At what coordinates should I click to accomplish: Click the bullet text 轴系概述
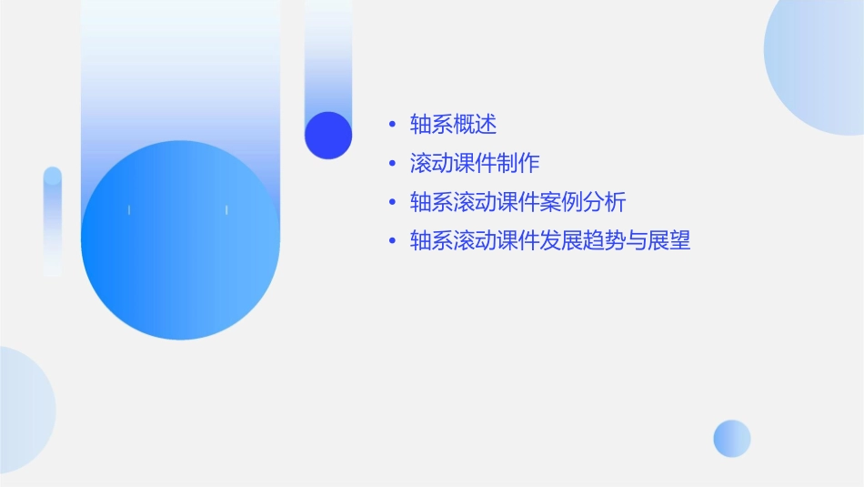[453, 125]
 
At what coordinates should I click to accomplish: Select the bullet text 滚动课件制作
[475, 163]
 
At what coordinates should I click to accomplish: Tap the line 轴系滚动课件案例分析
[518, 202]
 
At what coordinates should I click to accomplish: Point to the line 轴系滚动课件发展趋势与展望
[550, 241]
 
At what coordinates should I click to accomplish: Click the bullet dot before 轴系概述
[392, 125]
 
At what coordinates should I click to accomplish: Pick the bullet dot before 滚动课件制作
[392, 164]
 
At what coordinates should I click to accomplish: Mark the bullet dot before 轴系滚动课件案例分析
[392, 202]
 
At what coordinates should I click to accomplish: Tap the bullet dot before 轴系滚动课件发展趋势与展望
[392, 241]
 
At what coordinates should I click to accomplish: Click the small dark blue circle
[328, 135]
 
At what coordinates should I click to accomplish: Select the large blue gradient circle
[180, 240]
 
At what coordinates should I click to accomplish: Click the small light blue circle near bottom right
[732, 438]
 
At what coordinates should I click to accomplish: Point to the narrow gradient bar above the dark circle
[328, 55]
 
